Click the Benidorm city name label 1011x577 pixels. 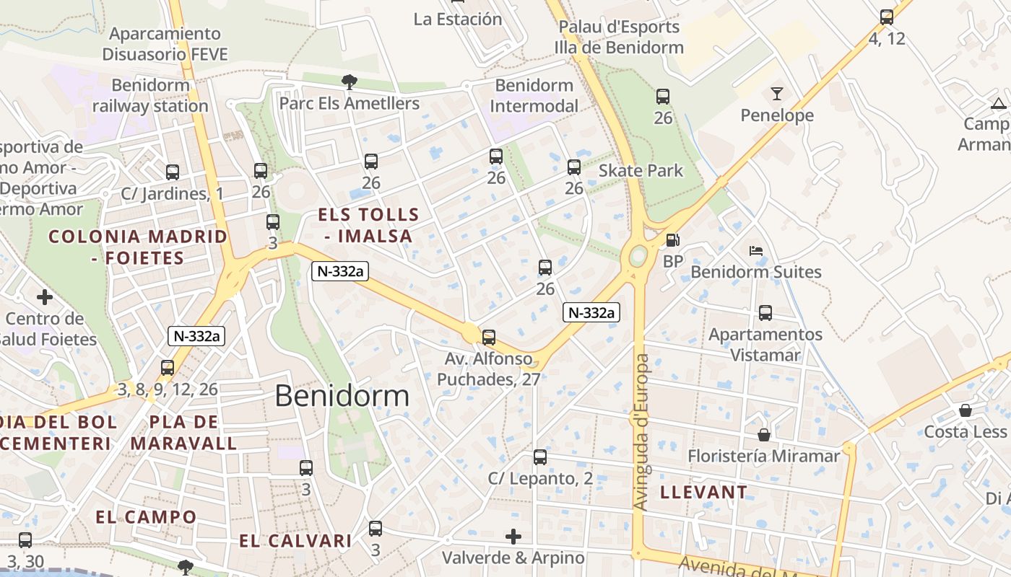[342, 396]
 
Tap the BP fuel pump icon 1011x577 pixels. [672, 240]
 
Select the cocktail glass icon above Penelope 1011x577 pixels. [777, 93]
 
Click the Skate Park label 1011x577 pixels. [641, 171]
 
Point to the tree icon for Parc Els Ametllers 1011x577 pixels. [350, 82]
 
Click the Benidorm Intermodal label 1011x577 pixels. [534, 96]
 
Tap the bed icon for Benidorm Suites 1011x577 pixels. [756, 251]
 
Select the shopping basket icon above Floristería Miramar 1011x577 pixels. [764, 435]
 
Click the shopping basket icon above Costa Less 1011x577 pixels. [966, 410]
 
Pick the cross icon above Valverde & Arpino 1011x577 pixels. [513, 537]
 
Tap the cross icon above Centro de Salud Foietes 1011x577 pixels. [45, 296]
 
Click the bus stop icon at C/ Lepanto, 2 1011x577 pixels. [540, 457]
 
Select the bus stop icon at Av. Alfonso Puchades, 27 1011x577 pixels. [489, 337]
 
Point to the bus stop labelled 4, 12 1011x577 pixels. [887, 17]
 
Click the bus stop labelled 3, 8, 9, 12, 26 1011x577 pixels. [168, 368]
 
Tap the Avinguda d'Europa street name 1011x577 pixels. [641, 433]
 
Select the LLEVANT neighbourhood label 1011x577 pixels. [704, 493]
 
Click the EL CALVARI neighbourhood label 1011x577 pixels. [295, 541]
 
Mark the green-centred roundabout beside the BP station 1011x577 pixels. [638, 255]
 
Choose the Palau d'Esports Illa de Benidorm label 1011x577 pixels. [619, 38]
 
